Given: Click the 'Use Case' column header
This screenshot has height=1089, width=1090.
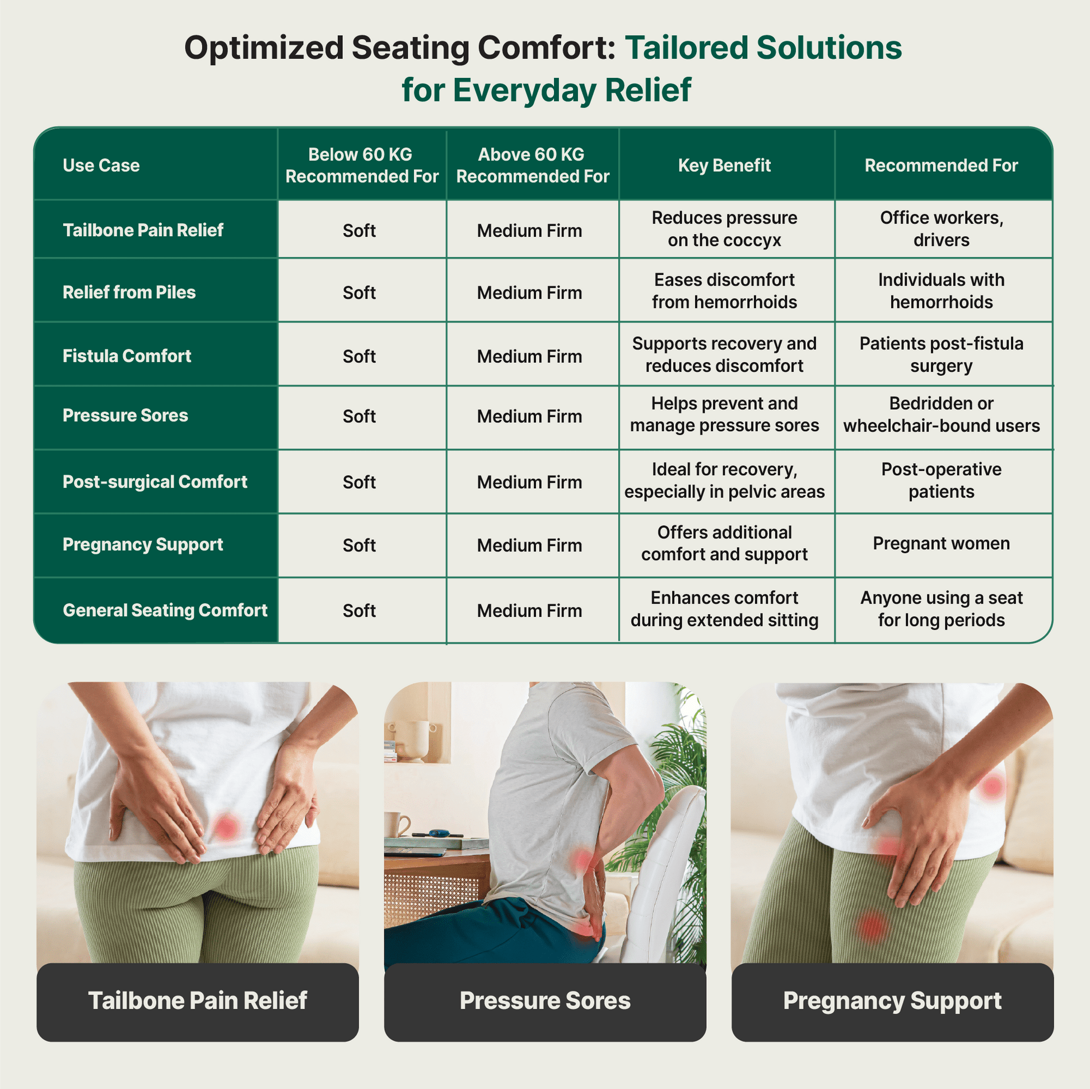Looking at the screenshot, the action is tap(101, 165).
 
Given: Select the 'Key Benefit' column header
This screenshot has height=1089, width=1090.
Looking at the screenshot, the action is tap(724, 165).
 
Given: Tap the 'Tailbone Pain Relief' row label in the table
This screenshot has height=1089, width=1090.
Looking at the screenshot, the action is tap(143, 230).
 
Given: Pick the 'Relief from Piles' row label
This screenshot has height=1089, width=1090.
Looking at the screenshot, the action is tap(129, 292).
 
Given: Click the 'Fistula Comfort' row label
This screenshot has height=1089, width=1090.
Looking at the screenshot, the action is tap(127, 356).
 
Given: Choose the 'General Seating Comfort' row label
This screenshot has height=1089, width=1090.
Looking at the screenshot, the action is tap(165, 610).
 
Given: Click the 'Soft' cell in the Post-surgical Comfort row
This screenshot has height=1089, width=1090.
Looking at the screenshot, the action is tap(360, 482).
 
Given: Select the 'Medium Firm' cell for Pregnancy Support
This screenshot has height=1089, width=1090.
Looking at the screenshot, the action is tap(529, 545).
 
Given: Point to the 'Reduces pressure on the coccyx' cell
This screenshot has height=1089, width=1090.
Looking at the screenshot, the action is tap(724, 229).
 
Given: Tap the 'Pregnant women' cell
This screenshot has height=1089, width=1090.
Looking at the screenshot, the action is tap(941, 543).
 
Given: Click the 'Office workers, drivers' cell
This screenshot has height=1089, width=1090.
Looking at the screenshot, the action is tap(942, 229).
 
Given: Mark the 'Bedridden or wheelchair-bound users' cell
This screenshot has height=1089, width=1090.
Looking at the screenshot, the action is tap(942, 414).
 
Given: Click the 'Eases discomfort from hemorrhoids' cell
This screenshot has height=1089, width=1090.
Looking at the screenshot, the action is tap(724, 291).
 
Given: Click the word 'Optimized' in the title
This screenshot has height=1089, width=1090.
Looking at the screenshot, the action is tap(263, 48).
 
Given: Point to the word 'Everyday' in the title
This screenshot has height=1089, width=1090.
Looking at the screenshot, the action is tap(524, 90).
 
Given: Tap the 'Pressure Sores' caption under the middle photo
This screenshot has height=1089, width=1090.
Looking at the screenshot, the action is tap(545, 1001).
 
